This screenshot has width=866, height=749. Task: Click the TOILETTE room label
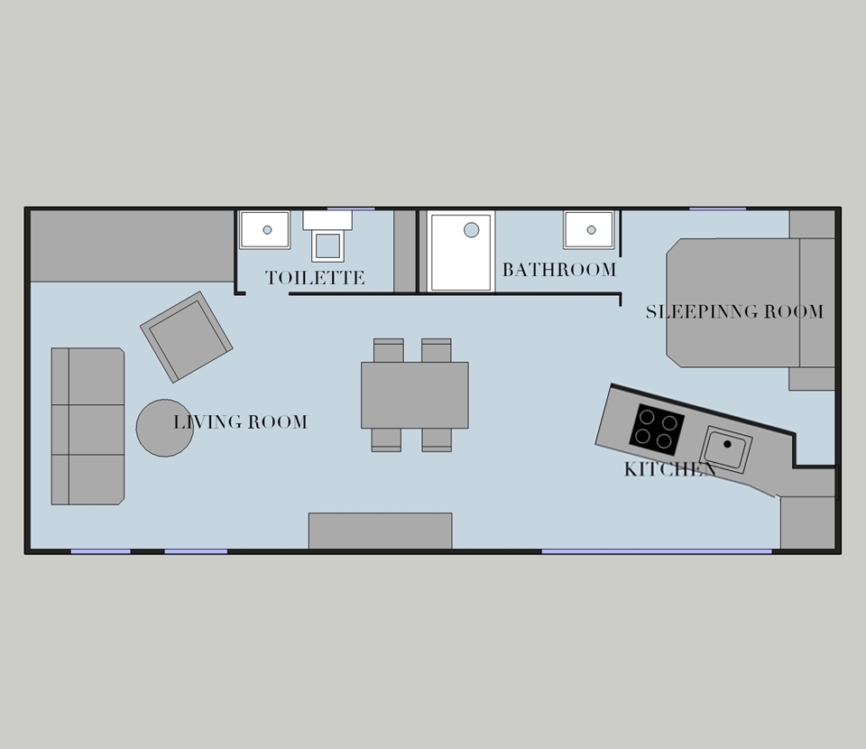[315, 277]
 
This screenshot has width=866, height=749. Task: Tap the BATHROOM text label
[559, 270]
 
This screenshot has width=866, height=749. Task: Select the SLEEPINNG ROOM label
[734, 311]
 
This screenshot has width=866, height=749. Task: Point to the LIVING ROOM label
[240, 422]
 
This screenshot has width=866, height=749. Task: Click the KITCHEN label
[670, 469]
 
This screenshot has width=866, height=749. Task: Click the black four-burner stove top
[657, 430]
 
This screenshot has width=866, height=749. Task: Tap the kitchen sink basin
[726, 449]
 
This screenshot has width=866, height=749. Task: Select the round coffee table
[164, 428]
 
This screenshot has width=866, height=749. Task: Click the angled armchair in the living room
[186, 337]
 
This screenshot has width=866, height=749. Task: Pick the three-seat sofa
[88, 426]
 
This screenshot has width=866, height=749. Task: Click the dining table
[415, 395]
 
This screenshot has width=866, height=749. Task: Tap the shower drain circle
[471, 230]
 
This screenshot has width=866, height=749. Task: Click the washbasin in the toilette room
[265, 230]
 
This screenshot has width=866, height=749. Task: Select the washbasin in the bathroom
[589, 230]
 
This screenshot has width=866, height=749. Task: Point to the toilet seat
[327, 246]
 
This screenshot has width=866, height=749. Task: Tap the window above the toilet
[351, 208]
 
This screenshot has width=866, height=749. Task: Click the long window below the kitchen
[656, 551]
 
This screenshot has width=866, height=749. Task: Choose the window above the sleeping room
[717, 208]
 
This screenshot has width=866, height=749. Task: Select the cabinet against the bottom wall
[380, 531]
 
